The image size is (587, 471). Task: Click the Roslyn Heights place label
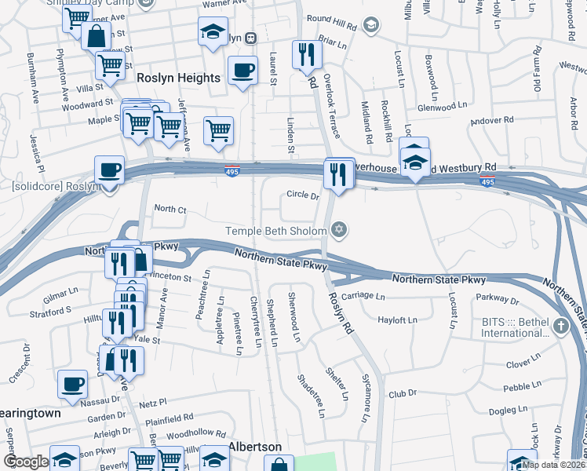click(178, 78)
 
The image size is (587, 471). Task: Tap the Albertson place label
click(255, 447)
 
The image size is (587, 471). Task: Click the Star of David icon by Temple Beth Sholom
click(339, 230)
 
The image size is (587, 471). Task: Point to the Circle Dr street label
click(303, 195)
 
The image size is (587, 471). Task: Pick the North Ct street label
click(170, 209)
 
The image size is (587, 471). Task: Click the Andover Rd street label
click(493, 121)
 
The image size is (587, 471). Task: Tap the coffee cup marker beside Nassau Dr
click(73, 384)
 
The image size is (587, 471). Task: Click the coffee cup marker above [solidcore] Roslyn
click(110, 170)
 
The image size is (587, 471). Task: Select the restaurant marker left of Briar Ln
click(306, 54)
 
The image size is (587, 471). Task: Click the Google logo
click(26, 462)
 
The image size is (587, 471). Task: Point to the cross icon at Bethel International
click(561, 326)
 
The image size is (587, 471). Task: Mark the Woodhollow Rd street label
click(196, 433)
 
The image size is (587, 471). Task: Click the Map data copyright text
click(553, 465)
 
